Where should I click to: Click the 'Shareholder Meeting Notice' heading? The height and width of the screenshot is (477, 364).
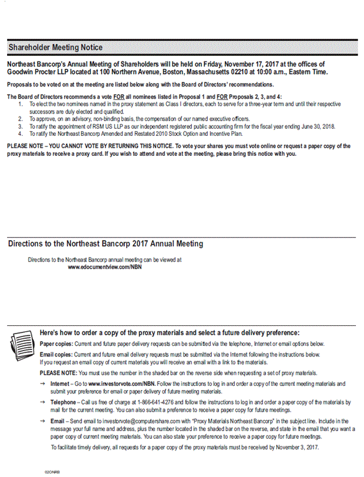(x=55, y=47)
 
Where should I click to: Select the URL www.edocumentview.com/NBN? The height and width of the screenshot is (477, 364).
(x=105, y=266)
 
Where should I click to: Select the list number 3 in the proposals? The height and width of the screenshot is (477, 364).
(x=20, y=126)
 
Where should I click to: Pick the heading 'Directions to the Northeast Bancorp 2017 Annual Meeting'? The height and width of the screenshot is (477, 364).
(x=106, y=243)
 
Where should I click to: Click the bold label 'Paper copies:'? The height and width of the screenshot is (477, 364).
(x=56, y=343)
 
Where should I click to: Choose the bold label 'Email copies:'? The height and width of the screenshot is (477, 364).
(x=56, y=355)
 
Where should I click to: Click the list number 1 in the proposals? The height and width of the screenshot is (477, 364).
(x=20, y=104)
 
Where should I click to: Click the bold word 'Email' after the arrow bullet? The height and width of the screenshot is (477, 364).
(x=58, y=421)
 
